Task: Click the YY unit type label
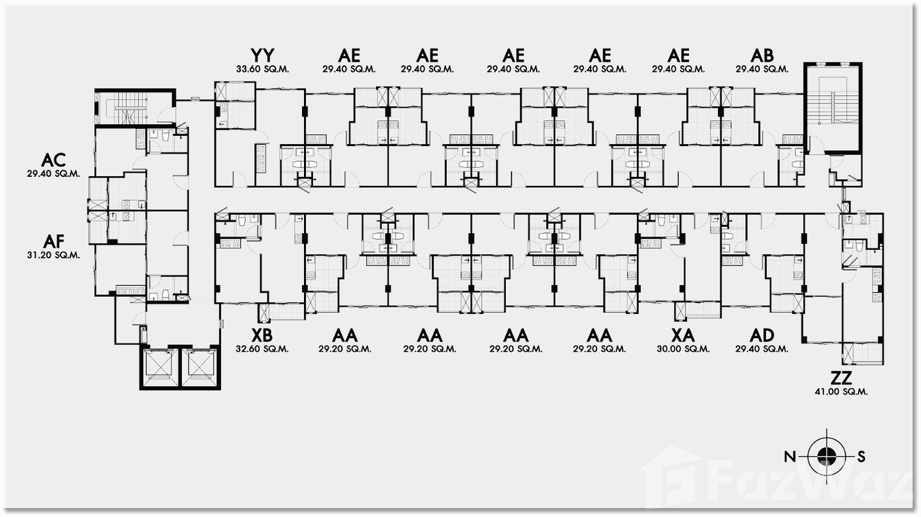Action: pyautogui.click(x=262, y=56)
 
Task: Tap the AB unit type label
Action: pyautogui.click(x=762, y=56)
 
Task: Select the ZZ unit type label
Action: pyautogui.click(x=841, y=377)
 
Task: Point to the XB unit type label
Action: pyautogui.click(x=262, y=335)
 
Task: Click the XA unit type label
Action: pyautogui.click(x=683, y=335)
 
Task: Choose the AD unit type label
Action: pyautogui.click(x=762, y=335)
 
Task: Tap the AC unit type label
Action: pyautogui.click(x=54, y=160)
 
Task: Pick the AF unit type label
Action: pyautogui.click(x=54, y=241)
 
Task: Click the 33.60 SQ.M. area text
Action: pyautogui.click(x=262, y=69)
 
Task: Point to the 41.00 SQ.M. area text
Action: pyautogui.click(x=841, y=392)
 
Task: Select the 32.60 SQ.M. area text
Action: pyautogui.click(x=262, y=349)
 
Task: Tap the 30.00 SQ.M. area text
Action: pyautogui.click(x=683, y=349)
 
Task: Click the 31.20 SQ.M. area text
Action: pyautogui.click(x=54, y=255)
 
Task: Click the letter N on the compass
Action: pyautogui.click(x=790, y=457)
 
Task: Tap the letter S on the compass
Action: pyautogui.click(x=861, y=457)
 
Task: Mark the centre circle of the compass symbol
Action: pyautogui.click(x=826, y=456)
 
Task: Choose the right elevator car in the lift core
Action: pyautogui.click(x=200, y=368)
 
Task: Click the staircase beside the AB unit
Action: pyautogui.click(x=832, y=107)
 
